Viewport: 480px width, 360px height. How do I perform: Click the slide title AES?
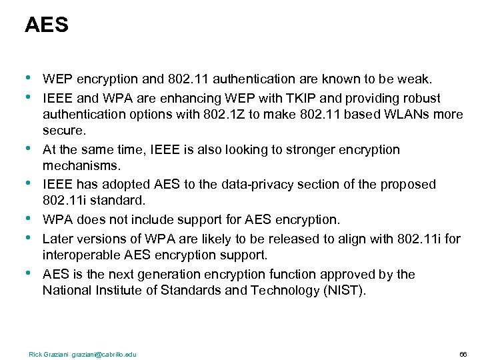coord(46,25)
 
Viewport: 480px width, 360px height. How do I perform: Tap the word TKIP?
coord(305,98)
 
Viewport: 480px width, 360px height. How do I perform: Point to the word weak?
coord(416,80)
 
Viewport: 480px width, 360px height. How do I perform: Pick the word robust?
coord(421,98)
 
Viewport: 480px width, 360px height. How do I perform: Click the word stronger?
coord(315,150)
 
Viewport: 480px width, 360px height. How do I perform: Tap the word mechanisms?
coord(81,165)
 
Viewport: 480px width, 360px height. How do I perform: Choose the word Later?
coord(57,238)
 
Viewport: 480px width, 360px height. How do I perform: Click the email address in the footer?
coord(105,354)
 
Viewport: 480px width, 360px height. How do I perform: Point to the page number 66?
coord(463,354)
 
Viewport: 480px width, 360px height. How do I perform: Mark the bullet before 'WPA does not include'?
coord(28,218)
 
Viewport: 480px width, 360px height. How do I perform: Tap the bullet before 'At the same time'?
coord(28,149)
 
